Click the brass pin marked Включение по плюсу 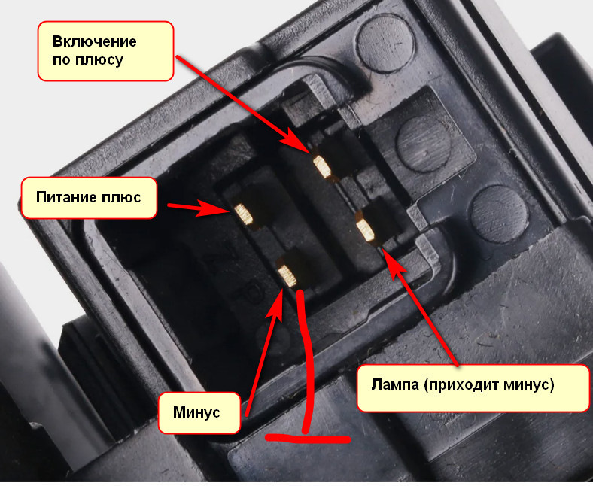(324, 166)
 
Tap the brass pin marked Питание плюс (245, 216)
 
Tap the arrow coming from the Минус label (263, 346)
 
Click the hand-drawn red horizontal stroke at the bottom (309, 436)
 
